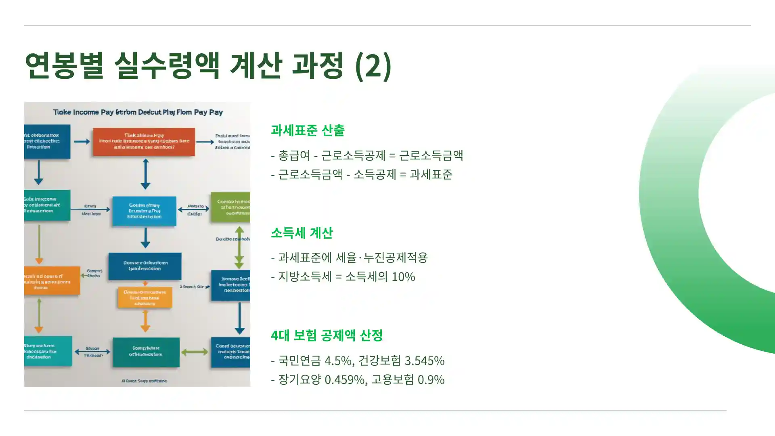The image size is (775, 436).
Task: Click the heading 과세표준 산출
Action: click(307, 130)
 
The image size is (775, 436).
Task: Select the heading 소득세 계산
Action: click(302, 233)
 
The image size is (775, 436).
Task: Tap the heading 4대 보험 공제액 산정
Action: click(327, 335)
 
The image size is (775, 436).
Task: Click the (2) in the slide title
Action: click(373, 65)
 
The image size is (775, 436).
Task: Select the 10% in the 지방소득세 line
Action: click(403, 277)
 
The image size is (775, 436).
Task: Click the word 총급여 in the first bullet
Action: click(294, 155)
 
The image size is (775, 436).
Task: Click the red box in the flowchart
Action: click(144, 142)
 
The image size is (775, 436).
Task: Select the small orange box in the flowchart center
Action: click(145, 298)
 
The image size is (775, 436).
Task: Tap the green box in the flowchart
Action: click(230, 207)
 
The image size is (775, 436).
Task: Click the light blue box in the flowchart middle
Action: click(144, 211)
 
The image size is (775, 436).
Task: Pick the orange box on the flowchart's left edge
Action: click(52, 280)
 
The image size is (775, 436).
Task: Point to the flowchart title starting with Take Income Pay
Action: click(138, 112)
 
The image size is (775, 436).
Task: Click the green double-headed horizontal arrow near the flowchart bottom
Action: click(195, 352)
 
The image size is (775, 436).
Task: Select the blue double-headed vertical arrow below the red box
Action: click(145, 174)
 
